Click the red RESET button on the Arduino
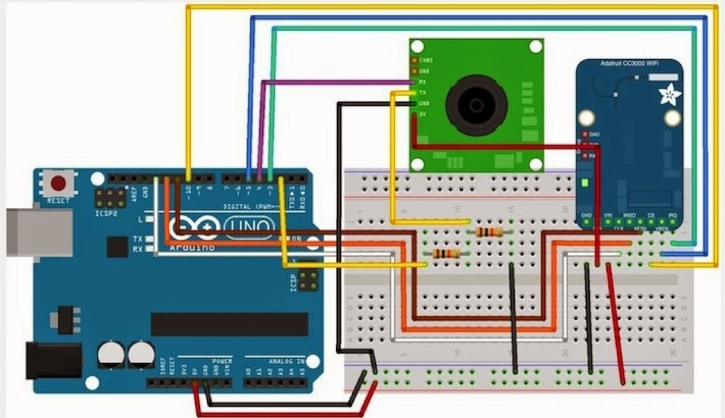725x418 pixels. click(x=59, y=182)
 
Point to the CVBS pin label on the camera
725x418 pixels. click(x=426, y=60)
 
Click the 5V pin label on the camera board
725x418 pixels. click(x=424, y=115)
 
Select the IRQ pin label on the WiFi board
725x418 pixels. click(x=673, y=216)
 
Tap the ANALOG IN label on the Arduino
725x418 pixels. click(x=288, y=361)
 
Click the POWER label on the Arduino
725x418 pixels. click(x=222, y=361)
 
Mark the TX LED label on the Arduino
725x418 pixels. click(x=137, y=239)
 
